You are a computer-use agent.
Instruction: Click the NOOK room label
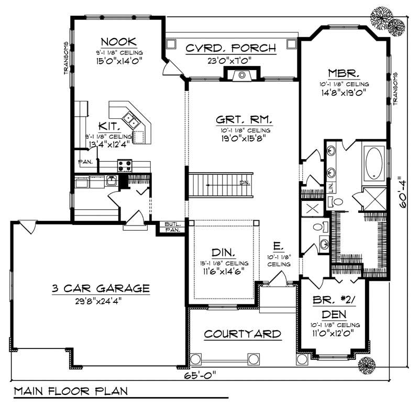119,41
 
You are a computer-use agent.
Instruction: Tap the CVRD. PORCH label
231,48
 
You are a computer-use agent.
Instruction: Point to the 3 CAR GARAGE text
101,288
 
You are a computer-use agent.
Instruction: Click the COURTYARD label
242,333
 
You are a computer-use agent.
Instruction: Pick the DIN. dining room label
224,252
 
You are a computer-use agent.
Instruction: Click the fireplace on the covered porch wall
241,75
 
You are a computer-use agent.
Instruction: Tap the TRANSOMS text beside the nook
67,58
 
